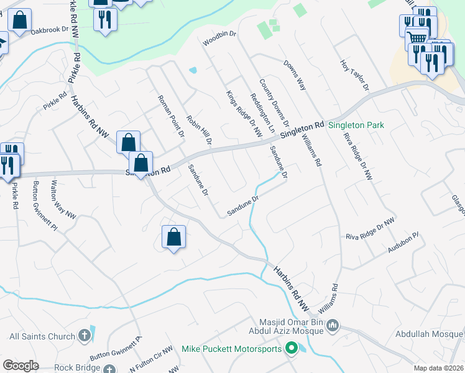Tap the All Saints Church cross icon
(85, 336)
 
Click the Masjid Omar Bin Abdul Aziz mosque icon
(332, 325)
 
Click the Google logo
(21, 365)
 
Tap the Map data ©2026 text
(438, 367)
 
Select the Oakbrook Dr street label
(53, 30)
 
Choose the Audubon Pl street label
(404, 242)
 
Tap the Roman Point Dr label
(171, 116)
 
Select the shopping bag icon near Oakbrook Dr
(20, 21)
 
